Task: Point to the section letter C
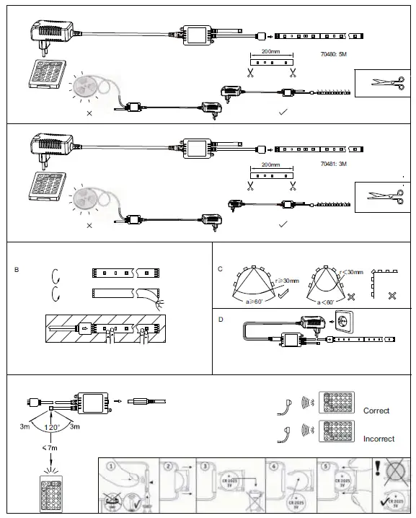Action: tap(220, 269)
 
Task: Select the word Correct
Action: tap(376, 411)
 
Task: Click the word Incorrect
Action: tap(379, 439)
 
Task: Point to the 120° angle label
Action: tap(50, 427)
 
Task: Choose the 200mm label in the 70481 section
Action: tap(271, 164)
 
